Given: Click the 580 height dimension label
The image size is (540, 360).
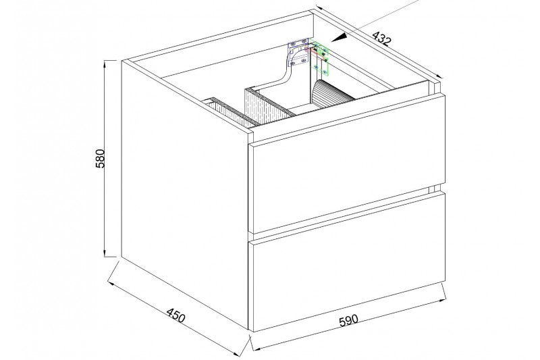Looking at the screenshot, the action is [100, 158].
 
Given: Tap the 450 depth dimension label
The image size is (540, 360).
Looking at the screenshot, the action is [176, 315].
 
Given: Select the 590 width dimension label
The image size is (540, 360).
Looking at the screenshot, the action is [348, 320].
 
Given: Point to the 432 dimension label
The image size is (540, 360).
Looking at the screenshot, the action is [382, 38].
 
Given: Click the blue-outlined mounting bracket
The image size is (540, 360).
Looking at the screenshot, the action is [298, 52].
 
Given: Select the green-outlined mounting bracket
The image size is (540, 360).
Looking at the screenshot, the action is [319, 57].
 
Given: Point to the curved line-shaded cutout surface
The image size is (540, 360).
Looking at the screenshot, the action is [331, 92].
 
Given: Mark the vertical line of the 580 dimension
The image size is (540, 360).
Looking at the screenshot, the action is [105, 159].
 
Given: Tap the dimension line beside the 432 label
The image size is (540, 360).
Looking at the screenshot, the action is [379, 43].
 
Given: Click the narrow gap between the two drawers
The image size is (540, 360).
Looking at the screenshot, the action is [347, 213].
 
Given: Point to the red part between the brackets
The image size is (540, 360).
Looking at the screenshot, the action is [314, 51].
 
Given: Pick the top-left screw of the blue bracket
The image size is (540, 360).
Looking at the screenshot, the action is [293, 44].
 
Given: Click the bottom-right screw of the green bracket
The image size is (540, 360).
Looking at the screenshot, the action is [325, 72].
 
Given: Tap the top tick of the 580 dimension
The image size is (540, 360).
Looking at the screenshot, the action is [111, 60].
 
